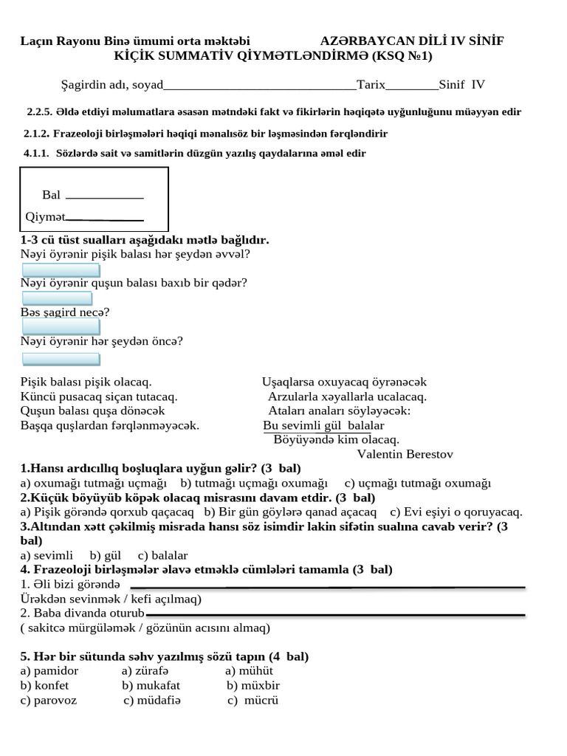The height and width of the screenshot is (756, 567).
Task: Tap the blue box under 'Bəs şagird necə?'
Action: pos(61,326)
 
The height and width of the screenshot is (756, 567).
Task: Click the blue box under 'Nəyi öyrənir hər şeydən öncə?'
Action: pos(61,359)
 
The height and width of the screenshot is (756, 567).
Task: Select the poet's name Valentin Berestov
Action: pos(405,454)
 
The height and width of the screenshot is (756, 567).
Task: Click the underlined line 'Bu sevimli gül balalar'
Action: pos(323,426)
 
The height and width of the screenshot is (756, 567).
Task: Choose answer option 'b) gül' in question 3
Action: pos(105,555)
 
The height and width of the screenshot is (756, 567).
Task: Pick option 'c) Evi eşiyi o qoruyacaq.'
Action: pos(456,512)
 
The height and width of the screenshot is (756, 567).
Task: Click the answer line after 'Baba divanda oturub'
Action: pos(335,614)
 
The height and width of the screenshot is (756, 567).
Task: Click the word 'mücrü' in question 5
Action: pos(261,700)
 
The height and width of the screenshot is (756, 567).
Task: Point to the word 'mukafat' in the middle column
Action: pos(158,685)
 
